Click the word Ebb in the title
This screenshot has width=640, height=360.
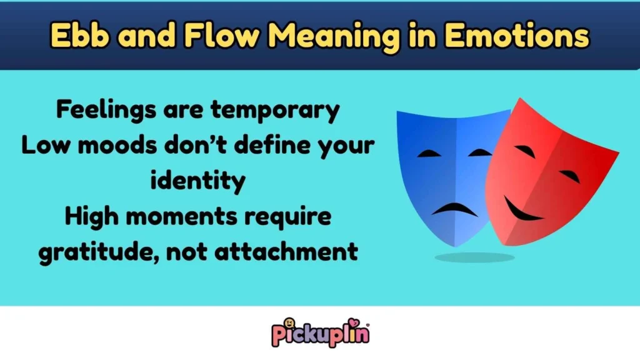76,36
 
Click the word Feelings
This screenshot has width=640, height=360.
99,111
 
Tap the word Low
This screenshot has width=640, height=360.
44,146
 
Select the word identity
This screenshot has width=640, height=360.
197,181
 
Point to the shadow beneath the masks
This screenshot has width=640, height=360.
475,257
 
